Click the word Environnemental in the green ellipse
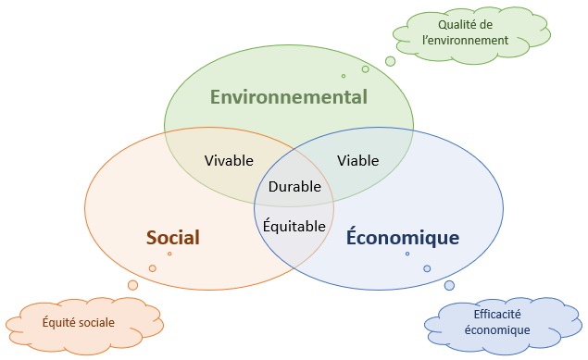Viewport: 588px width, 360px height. click(x=288, y=97)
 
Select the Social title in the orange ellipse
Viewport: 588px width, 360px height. click(x=173, y=238)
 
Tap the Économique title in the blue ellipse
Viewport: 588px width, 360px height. click(x=403, y=238)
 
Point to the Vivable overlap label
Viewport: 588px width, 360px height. click(x=229, y=160)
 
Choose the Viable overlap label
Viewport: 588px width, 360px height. click(x=357, y=160)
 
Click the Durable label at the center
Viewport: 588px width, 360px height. click(x=294, y=187)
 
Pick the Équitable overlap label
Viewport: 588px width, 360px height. click(x=294, y=226)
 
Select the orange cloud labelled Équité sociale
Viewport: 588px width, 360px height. click(x=79, y=324)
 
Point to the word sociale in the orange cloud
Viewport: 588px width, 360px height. click(x=96, y=323)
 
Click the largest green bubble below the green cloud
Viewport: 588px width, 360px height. click(x=390, y=61)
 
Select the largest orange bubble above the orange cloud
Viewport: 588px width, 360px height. click(x=132, y=285)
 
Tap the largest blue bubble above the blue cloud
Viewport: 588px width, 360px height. click(x=449, y=285)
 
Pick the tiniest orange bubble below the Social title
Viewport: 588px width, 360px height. click(x=169, y=254)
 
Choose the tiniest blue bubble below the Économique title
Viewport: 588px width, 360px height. click(x=407, y=254)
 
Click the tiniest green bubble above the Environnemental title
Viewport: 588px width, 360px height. click(x=344, y=76)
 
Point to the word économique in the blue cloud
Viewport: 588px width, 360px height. click(x=497, y=330)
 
